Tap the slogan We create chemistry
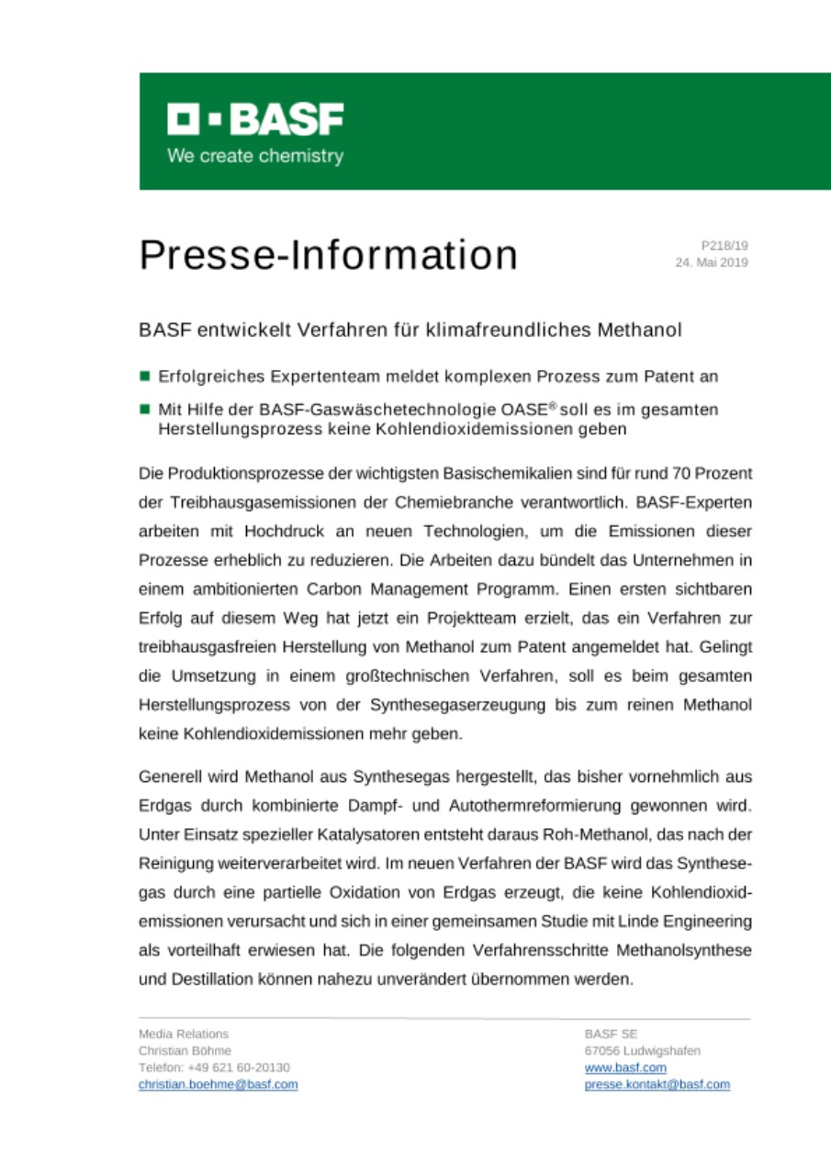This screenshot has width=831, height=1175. tap(255, 155)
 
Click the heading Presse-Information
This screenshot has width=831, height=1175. tap(328, 255)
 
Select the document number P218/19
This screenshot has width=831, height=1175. tap(724, 245)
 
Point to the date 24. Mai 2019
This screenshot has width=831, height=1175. tap(712, 263)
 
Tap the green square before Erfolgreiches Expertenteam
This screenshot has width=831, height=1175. tap(145, 375)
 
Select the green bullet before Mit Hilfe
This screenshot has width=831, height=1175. tap(145, 409)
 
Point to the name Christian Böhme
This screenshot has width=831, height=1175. tap(185, 1050)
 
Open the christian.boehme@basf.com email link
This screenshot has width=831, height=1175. tap(218, 1084)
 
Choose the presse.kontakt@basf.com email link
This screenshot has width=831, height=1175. tap(657, 1084)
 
